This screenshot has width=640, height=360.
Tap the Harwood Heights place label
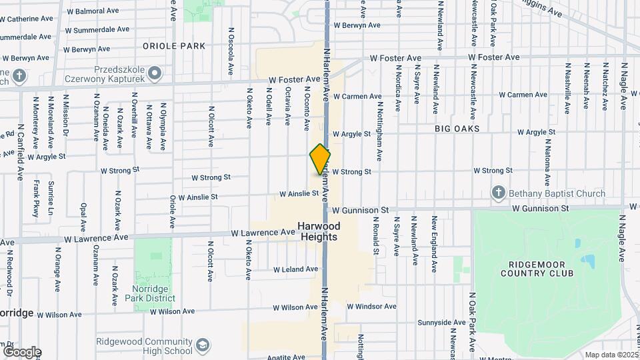(x=319, y=231)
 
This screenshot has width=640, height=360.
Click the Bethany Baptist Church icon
(x=498, y=193)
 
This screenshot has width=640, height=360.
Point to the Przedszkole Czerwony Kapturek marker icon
(x=155, y=72)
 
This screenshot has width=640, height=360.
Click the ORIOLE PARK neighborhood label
(x=174, y=46)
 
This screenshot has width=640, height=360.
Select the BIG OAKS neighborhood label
(x=457, y=127)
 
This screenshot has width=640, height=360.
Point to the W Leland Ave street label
(x=295, y=269)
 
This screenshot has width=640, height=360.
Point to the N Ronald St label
(x=376, y=238)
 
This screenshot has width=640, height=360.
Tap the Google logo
(x=22, y=351)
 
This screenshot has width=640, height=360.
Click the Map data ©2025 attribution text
(x=611, y=355)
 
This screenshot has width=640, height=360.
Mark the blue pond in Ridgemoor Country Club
(x=587, y=261)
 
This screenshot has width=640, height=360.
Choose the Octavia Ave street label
(x=288, y=106)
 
